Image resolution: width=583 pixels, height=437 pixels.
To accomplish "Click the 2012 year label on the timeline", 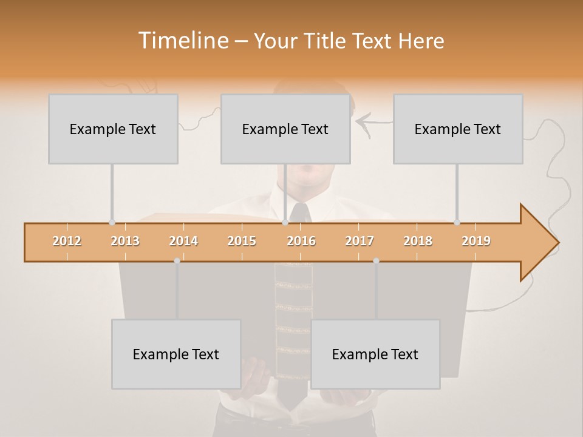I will [x=67, y=241].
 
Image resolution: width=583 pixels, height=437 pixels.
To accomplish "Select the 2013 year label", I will [x=125, y=241].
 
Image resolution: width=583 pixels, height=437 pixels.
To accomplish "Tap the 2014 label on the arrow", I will [x=183, y=241].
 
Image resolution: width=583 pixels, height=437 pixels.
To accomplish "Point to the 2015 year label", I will [x=242, y=241].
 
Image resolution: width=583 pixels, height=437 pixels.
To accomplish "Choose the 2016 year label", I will [x=301, y=241].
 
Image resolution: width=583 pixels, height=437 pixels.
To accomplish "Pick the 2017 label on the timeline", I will [x=360, y=241].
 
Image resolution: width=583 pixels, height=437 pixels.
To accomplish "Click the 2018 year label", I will [x=418, y=241].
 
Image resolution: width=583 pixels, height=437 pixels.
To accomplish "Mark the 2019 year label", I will [x=476, y=241].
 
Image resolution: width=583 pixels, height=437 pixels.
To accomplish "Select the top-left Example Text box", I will [x=113, y=129].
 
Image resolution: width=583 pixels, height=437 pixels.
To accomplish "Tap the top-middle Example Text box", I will [x=285, y=129].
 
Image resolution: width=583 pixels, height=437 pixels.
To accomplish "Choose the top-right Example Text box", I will [x=458, y=129].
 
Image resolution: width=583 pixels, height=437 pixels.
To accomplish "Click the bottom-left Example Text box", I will [x=176, y=354].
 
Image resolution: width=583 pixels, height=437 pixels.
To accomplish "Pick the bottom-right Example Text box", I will [x=375, y=354].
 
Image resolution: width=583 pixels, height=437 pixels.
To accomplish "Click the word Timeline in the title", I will [x=182, y=41].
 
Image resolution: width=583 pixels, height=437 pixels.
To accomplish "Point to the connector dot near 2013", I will [x=112, y=222].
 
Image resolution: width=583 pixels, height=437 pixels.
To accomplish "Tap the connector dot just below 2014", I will [x=177, y=260].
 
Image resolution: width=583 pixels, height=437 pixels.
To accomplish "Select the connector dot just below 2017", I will [x=376, y=260].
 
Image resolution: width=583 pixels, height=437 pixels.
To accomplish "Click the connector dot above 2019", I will [x=457, y=222].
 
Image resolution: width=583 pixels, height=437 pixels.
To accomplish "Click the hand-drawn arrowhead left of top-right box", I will [x=362, y=123].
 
